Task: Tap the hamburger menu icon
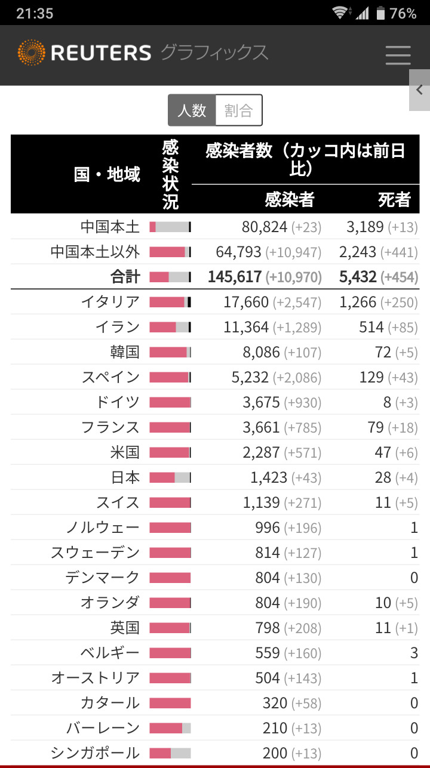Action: point(398,55)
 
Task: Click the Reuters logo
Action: point(84,53)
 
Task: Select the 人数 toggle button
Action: point(192,110)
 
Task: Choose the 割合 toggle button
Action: point(238,110)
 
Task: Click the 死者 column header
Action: point(394,199)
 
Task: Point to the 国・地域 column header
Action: point(107,174)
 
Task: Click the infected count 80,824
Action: point(265,227)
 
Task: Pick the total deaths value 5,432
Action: point(358,277)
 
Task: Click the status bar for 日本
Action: point(170,477)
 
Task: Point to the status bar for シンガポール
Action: point(170,753)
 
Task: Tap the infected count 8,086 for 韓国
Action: point(261,352)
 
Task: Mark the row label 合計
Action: point(125,277)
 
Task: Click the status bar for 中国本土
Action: point(170,227)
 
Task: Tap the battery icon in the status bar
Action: point(380,13)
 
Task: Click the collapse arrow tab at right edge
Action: point(419,90)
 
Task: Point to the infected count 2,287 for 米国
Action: point(261,452)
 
